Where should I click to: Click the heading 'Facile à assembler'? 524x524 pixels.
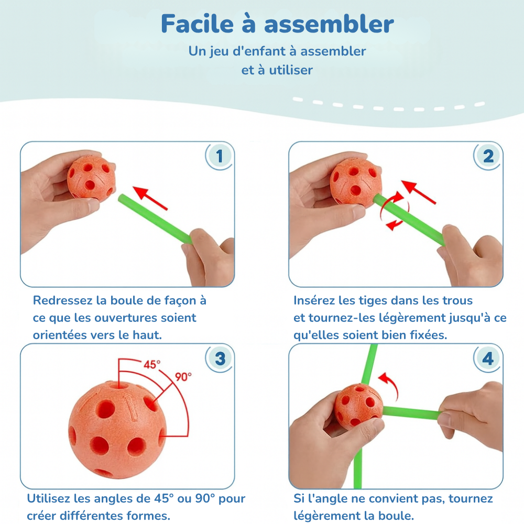[x=277, y=24]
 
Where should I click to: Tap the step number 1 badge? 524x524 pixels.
[x=219, y=156]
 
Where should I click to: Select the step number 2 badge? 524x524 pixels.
[x=488, y=156]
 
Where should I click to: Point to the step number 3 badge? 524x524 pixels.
[x=220, y=358]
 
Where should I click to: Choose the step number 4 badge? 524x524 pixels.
[x=488, y=358]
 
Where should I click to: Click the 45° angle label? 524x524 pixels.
[x=152, y=364]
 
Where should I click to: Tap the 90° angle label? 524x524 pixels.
[x=183, y=377]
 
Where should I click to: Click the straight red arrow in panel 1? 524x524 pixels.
[x=150, y=198]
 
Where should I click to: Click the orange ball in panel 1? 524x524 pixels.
[x=91, y=178]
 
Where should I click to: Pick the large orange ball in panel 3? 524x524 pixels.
[x=117, y=430]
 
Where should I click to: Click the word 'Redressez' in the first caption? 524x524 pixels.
[x=62, y=300]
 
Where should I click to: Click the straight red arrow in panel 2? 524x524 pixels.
[x=418, y=192]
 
